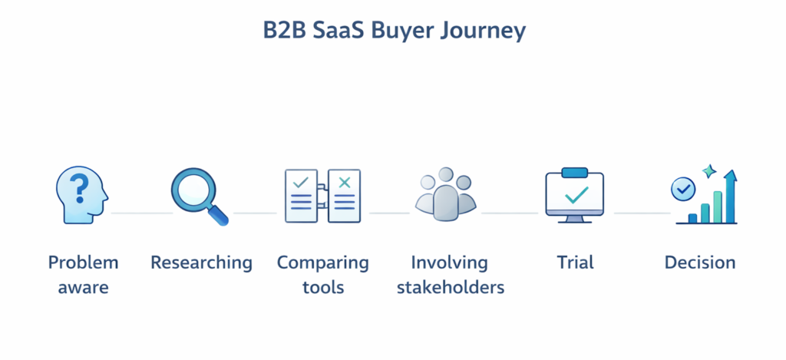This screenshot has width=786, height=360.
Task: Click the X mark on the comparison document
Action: click(x=344, y=183)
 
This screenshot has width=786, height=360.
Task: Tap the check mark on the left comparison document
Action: click(x=301, y=183)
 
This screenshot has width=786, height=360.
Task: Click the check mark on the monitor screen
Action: click(x=575, y=196)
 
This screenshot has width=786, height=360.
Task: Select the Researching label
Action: click(x=201, y=263)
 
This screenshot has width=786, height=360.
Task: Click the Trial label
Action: click(x=575, y=263)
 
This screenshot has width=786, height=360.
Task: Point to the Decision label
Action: click(x=699, y=263)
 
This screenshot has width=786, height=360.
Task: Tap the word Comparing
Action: click(x=322, y=263)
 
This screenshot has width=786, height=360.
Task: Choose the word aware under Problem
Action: click(x=83, y=288)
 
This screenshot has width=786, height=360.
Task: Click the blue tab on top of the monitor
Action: click(x=575, y=173)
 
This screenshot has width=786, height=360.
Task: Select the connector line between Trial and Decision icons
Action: click(x=642, y=213)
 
